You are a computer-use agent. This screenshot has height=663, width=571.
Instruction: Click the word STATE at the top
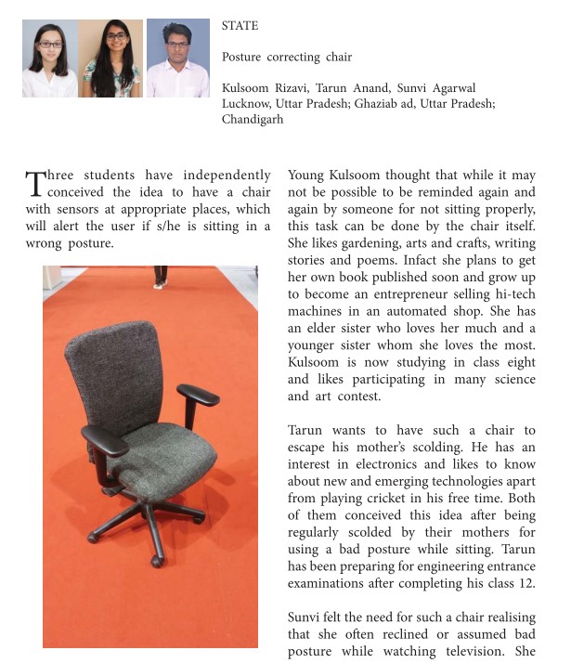pyautogui.click(x=240, y=26)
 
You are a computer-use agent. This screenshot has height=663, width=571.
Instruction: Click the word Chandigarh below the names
pyautogui.click(x=252, y=120)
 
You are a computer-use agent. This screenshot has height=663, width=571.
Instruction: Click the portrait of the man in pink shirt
pyautogui.click(x=177, y=58)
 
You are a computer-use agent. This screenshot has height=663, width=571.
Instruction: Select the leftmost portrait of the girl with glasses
pyautogui.click(x=50, y=58)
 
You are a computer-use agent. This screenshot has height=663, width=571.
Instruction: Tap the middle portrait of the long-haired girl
pyautogui.click(x=113, y=58)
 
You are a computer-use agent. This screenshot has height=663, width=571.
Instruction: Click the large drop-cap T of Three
pyautogui.click(x=34, y=183)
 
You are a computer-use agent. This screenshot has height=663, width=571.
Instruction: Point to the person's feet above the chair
pyautogui.click(x=161, y=278)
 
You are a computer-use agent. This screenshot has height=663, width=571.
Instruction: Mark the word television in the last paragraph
pyautogui.click(x=473, y=652)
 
